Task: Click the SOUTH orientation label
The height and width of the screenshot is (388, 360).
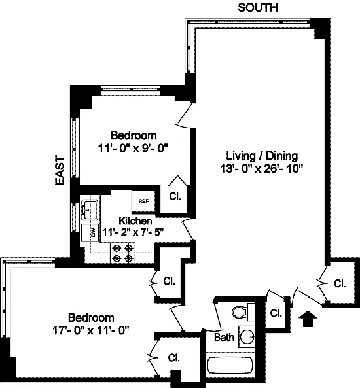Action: pyautogui.click(x=258, y=8)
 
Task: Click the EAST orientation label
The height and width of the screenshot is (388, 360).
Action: pyautogui.click(x=60, y=170)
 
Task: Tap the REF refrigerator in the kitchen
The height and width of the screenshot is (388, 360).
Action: pyautogui.click(x=143, y=201)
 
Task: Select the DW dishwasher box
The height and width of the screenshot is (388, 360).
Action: pyautogui.click(x=90, y=232)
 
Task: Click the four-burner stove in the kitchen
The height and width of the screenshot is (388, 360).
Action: pyautogui.click(x=122, y=253)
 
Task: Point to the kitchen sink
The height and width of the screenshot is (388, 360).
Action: pyautogui.click(x=90, y=209)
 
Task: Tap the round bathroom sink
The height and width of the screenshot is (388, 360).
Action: pyautogui.click(x=247, y=337)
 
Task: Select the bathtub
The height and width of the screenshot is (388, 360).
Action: pyautogui.click(x=230, y=364)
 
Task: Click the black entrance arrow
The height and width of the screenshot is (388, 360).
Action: pyautogui.click(x=308, y=319)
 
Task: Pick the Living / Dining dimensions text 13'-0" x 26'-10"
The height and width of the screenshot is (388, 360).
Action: pyautogui.click(x=261, y=169)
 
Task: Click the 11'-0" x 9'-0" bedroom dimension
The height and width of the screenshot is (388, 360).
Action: pyautogui.click(x=133, y=149)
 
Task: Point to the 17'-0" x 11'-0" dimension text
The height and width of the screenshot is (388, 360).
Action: pyautogui.click(x=91, y=330)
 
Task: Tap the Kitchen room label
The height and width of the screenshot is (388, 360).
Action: pyautogui.click(x=135, y=220)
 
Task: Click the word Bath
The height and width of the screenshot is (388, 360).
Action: pyautogui.click(x=224, y=337)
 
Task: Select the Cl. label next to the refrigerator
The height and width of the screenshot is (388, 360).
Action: pyautogui.click(x=175, y=196)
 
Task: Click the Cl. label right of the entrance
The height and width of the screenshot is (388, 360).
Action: pyautogui.click(x=340, y=283)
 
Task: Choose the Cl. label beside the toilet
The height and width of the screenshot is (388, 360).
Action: pyautogui.click(x=276, y=313)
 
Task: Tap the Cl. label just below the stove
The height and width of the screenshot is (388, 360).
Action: pyautogui.click(x=169, y=281)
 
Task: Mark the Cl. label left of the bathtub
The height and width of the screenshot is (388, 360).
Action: pyautogui.click(x=174, y=357)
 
